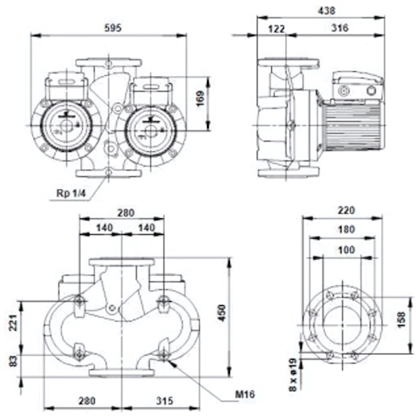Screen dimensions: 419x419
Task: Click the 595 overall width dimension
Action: click(x=112, y=28)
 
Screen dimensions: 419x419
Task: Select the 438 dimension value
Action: click(x=327, y=11)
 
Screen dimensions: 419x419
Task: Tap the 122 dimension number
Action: click(x=277, y=29)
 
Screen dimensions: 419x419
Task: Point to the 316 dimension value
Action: click(x=340, y=28)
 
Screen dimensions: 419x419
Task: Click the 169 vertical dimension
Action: click(x=201, y=99)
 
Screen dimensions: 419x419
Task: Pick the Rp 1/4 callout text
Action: click(x=71, y=193)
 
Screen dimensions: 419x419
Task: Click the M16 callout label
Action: click(x=245, y=394)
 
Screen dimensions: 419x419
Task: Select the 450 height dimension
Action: click(x=222, y=312)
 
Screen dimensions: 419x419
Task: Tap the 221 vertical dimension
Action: click(x=13, y=323)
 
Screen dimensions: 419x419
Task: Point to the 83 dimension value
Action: click(x=13, y=361)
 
